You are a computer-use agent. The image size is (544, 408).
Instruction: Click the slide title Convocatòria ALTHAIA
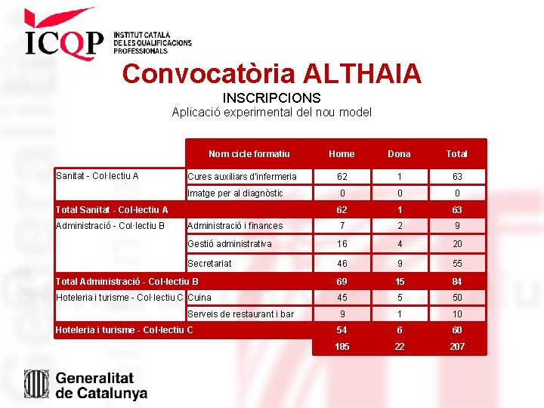[271, 73]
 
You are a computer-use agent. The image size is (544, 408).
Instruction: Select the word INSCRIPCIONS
[271, 98]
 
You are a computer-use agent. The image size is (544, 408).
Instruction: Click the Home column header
[342, 153]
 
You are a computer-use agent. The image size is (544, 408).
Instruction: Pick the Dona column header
[399, 153]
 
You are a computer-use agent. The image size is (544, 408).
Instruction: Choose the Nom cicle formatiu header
[249, 153]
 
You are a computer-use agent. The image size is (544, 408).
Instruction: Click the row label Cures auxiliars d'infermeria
[242, 176]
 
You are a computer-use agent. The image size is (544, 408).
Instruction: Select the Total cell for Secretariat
[456, 263]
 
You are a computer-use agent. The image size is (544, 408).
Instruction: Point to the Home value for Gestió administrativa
[342, 244]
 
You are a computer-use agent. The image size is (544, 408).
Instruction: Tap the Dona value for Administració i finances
[399, 225]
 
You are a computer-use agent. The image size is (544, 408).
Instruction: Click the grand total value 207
[456, 347]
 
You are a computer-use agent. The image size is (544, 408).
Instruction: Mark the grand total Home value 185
[342, 347]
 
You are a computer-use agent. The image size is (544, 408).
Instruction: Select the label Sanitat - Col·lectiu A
[97, 176]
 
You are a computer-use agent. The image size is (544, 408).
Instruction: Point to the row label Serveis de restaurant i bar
[240, 314]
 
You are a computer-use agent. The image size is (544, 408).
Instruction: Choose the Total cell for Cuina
[456, 297]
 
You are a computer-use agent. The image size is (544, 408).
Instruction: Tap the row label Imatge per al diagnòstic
[235, 193]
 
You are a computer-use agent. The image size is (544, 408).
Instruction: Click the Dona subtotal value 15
[399, 281]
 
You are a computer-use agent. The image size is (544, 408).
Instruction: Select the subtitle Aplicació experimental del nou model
[271, 113]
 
